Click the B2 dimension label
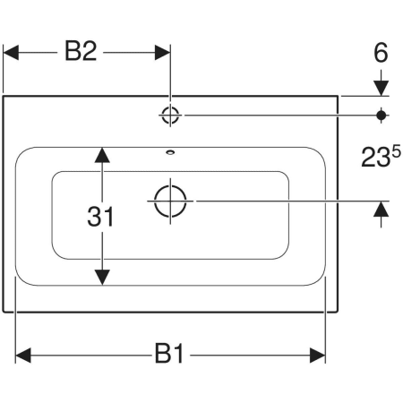pyautogui.click(x=81, y=52)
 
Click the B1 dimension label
pyautogui.click(x=169, y=354)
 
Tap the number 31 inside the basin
pyautogui.click(x=100, y=217)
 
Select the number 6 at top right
pyautogui.click(x=381, y=53)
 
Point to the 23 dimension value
pyautogui.click(x=375, y=158)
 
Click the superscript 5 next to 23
pyautogui.click(x=396, y=153)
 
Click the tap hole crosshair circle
pyautogui.click(x=170, y=115)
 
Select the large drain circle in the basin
pyautogui.click(x=170, y=201)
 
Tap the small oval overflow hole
pyautogui.click(x=170, y=152)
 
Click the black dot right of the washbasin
pyautogui.click(x=382, y=116)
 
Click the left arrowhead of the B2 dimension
pyautogui.click(x=11, y=53)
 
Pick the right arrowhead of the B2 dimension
pyautogui.click(x=162, y=53)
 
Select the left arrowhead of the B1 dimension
pyautogui.click(x=23, y=356)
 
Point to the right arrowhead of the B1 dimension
pyautogui.click(x=317, y=356)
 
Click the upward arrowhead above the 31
pyautogui.click(x=102, y=155)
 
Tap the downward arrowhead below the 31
pyautogui.click(x=102, y=278)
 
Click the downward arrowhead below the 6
pyautogui.click(x=382, y=89)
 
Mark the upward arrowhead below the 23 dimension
pyautogui.click(x=382, y=209)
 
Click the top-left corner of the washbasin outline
pyautogui.click(x=4, y=96)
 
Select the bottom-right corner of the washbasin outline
pyautogui.click(x=338, y=312)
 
